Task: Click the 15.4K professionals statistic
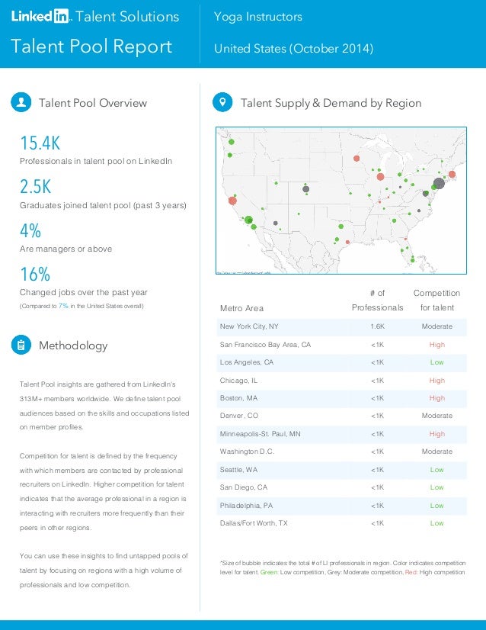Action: [x=40, y=143]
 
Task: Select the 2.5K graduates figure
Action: [x=36, y=187]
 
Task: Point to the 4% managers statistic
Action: [x=30, y=230]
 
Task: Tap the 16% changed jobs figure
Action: [x=34, y=274]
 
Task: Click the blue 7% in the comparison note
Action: [x=63, y=306]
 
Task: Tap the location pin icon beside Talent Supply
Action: [x=222, y=103]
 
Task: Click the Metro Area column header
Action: [x=241, y=308]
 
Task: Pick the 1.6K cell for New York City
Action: [x=377, y=326]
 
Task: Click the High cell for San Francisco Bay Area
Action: [x=436, y=345]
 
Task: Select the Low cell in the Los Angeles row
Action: [x=436, y=362]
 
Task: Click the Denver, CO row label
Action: [x=238, y=416]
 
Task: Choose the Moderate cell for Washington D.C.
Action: [x=436, y=452]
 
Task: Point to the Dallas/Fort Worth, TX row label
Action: [x=254, y=523]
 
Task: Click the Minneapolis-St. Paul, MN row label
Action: [x=260, y=434]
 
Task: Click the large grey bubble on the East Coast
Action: [x=438, y=184]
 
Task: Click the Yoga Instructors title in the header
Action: [x=257, y=17]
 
